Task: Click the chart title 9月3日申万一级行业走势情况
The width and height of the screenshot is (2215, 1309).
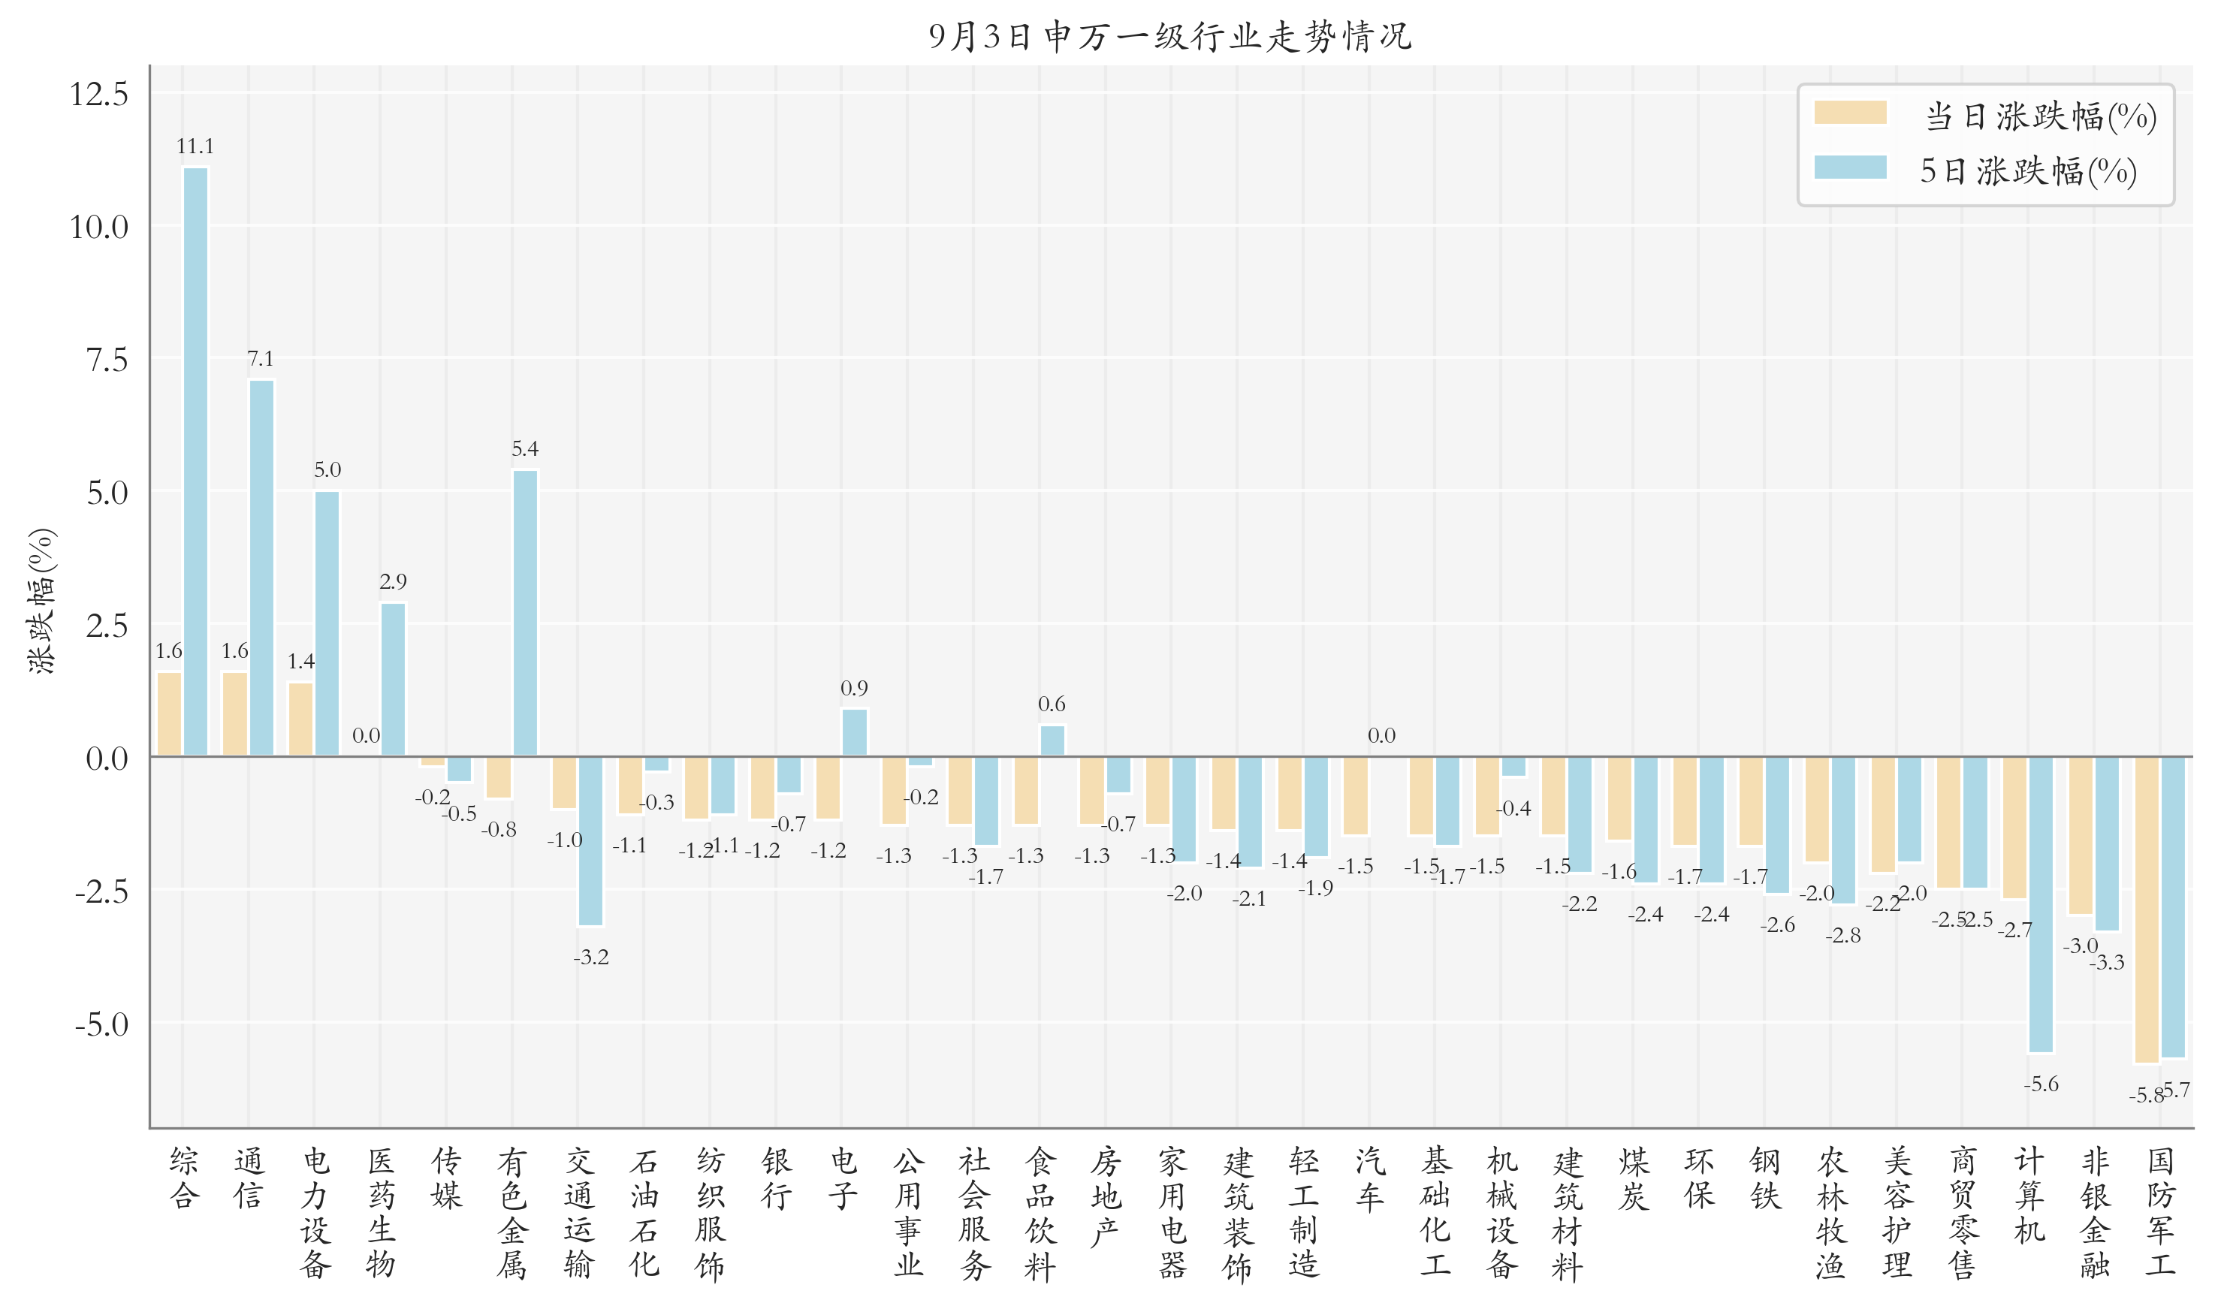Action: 1169,36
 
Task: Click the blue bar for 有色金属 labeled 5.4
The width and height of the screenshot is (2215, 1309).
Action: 525,613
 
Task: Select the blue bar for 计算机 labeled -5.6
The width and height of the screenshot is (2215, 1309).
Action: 2040,904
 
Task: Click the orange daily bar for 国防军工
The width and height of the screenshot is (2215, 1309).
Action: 2146,909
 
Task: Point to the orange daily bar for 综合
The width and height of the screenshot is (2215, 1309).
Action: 169,713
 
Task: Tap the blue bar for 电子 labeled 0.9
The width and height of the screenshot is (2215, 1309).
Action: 854,732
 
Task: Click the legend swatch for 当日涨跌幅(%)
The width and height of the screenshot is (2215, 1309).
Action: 1850,113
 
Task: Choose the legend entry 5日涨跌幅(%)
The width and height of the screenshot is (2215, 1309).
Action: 2028,170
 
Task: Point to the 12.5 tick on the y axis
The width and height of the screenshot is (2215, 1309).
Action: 99,93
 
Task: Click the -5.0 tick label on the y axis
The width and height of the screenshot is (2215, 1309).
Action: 101,1024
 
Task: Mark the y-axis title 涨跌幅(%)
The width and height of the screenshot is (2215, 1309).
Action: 41,601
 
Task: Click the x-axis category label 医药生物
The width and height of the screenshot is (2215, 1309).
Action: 381,1212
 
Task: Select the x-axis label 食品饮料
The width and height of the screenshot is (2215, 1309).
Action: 1040,1212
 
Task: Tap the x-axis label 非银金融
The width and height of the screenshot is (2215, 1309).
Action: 2094,1212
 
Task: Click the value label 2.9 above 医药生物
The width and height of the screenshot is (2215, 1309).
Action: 393,581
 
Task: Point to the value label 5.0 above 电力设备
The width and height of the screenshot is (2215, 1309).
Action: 327,469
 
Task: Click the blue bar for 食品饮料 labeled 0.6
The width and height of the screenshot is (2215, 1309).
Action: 1052,740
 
